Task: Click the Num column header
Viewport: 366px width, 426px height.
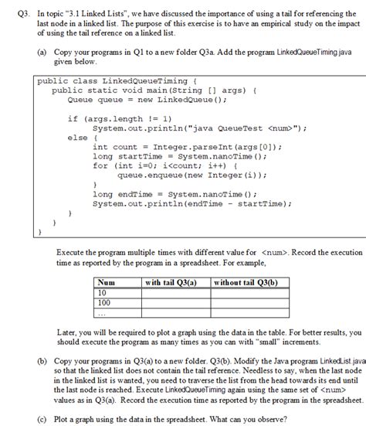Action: (x=106, y=283)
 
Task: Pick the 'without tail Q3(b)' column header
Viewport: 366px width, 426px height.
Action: (x=246, y=283)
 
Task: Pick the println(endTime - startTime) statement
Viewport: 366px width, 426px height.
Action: (x=191, y=204)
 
